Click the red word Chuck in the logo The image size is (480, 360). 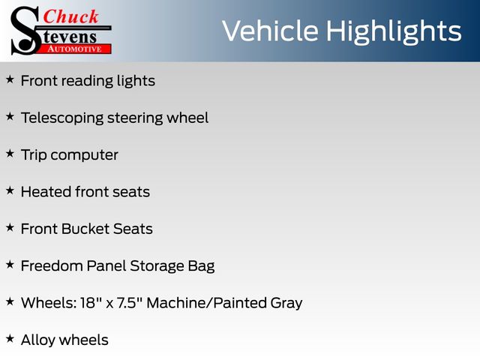[x=70, y=16]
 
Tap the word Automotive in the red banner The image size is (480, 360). [x=74, y=49]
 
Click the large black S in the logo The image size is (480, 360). [x=25, y=31]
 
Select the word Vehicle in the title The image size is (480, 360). [x=270, y=31]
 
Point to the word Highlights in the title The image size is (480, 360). [x=394, y=32]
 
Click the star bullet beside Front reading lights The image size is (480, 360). [x=10, y=79]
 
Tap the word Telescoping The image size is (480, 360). [x=62, y=118]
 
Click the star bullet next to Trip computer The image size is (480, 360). [x=10, y=154]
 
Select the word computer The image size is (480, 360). [x=85, y=155]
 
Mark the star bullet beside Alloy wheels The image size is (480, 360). [x=10, y=338]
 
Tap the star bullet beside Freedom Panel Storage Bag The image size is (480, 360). [x=10, y=265]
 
